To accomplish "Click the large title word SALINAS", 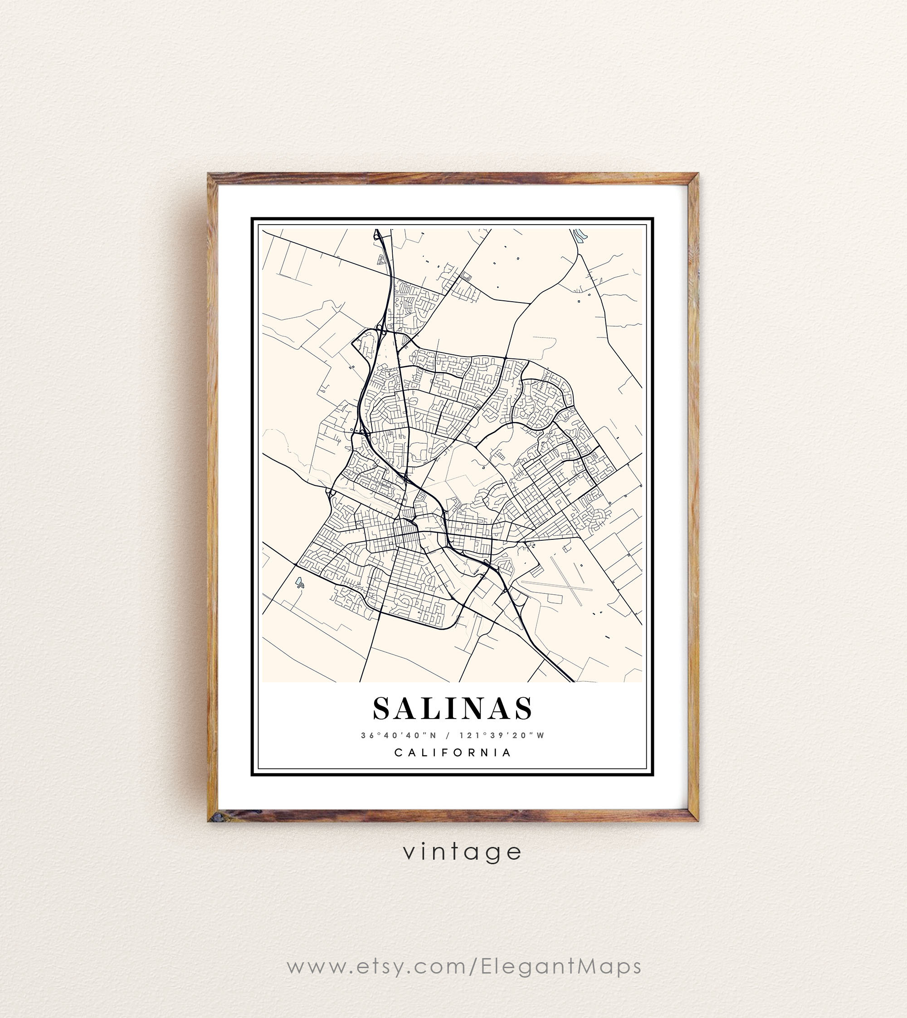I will point(453,709).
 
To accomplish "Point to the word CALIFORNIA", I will point(453,752).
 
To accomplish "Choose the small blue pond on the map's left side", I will point(299,581).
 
